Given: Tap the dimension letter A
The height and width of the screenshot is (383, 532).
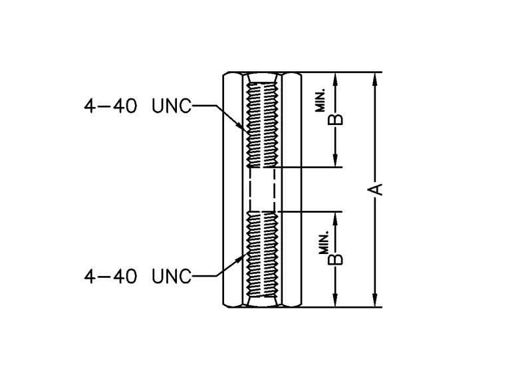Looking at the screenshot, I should tap(376, 190).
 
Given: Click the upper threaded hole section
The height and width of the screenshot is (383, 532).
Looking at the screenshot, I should tap(262, 123).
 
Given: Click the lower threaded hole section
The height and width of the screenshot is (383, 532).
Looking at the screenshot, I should tap(262, 256).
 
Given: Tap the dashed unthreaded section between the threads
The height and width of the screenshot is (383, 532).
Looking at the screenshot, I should tap(262, 190).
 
